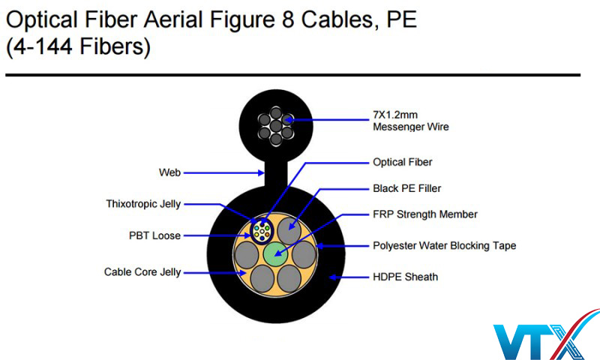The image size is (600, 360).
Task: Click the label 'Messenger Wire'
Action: point(411,127)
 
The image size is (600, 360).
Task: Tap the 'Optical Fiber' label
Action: point(402,161)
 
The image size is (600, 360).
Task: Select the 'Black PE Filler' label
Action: point(406,188)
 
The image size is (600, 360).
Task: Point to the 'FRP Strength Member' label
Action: point(424,214)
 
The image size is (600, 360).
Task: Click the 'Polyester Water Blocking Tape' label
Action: point(444,245)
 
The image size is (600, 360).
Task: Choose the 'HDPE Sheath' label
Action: point(405,277)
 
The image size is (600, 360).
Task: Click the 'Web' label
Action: point(169,172)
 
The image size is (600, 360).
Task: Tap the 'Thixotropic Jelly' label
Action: point(143,204)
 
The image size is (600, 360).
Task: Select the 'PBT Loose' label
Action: point(154,235)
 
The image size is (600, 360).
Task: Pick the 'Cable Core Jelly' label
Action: point(142,272)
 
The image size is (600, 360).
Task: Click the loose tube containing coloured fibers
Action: point(263,231)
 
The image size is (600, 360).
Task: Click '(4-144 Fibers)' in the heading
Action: point(78,48)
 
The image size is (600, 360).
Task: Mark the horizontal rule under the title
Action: point(292,75)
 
